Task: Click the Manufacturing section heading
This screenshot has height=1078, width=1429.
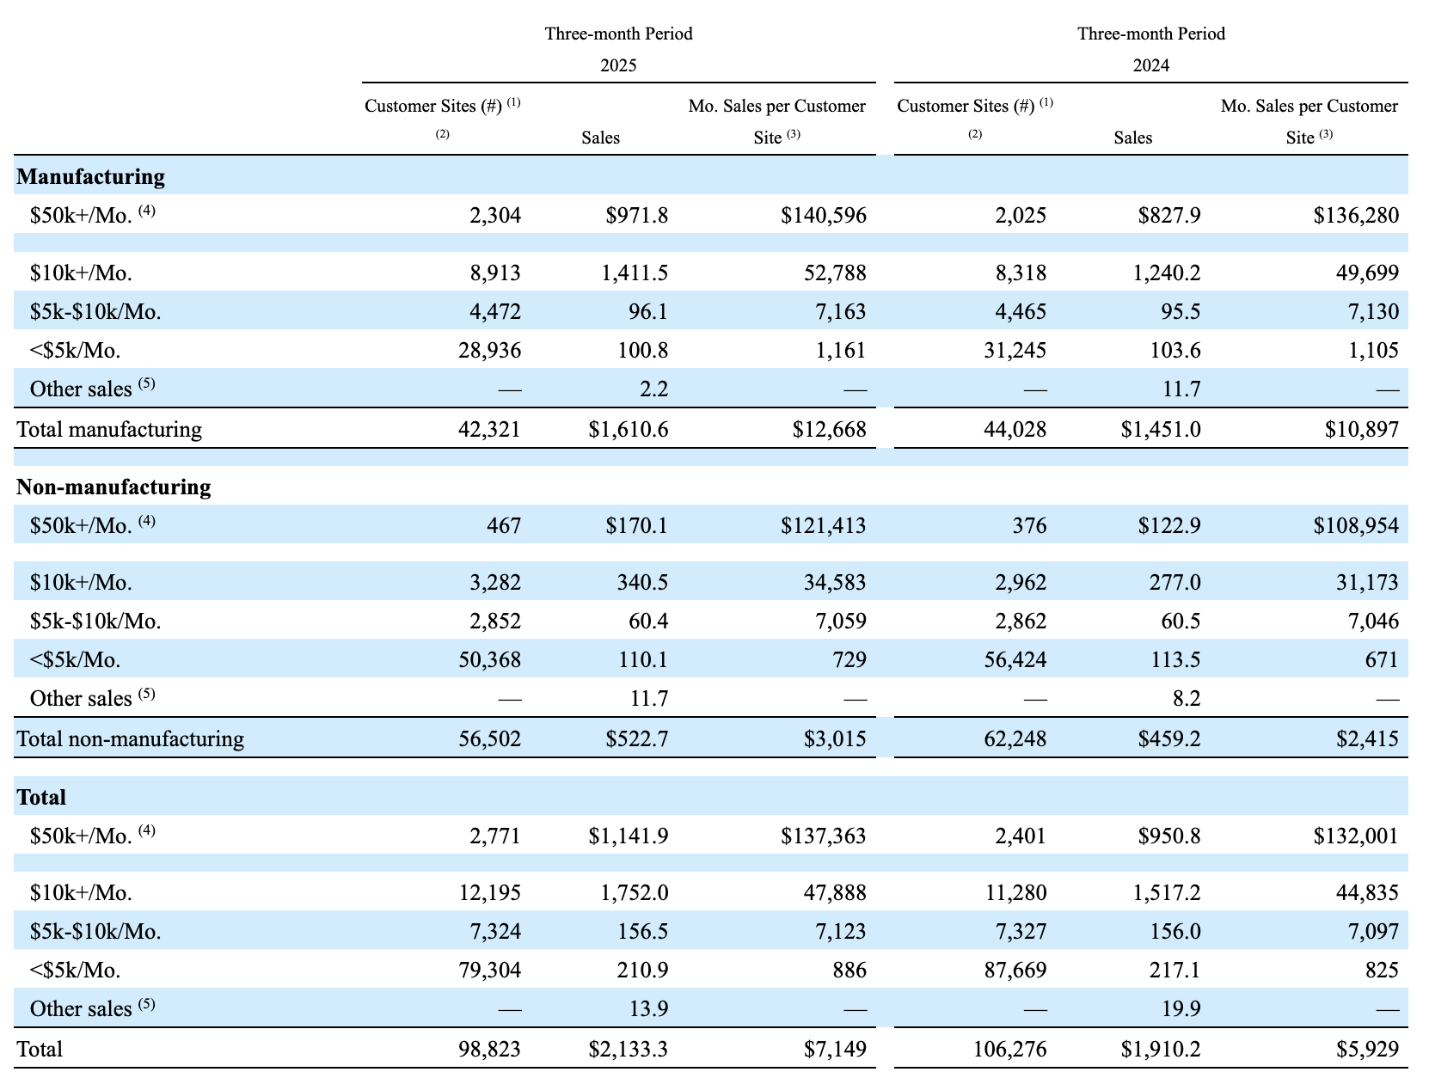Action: tap(90, 176)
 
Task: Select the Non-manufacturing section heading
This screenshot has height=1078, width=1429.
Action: tap(113, 487)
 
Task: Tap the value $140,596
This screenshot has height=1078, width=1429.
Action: tap(823, 215)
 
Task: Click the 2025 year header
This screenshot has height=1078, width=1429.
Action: tap(618, 65)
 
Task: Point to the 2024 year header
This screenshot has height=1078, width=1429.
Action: tap(1150, 65)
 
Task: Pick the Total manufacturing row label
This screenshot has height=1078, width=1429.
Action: tap(109, 429)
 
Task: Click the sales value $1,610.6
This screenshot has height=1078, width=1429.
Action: tap(628, 429)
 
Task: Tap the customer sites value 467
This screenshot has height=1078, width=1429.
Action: tap(504, 525)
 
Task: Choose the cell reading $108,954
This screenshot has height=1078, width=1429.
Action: tap(1355, 525)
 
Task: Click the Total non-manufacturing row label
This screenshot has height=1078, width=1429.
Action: tap(130, 738)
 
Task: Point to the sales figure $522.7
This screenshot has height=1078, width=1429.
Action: tap(636, 738)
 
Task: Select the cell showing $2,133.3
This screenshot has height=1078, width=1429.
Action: tap(628, 1049)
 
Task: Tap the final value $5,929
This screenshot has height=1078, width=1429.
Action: tap(1367, 1049)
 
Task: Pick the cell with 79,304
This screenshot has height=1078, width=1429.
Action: tap(489, 970)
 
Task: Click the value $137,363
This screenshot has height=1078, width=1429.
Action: tap(823, 836)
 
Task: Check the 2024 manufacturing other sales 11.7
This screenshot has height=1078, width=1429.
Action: tap(1181, 389)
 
